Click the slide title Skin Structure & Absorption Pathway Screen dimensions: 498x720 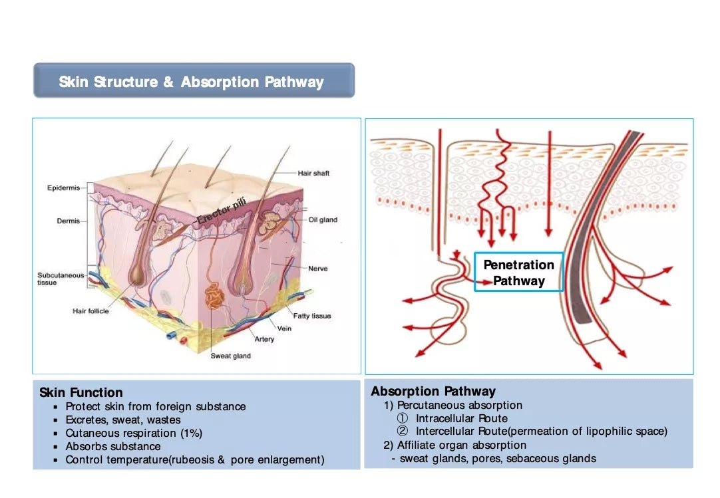pyautogui.click(x=192, y=82)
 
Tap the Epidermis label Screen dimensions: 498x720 pyautogui.click(x=63, y=188)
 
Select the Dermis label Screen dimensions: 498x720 pyautogui.click(x=68, y=221)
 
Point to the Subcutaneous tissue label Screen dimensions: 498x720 pyautogui.click(x=61, y=279)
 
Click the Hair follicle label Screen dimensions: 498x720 pyautogui.click(x=90, y=311)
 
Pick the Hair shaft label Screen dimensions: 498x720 pyautogui.click(x=313, y=174)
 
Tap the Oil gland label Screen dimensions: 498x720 pyautogui.click(x=323, y=220)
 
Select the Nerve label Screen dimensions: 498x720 pyautogui.click(x=317, y=269)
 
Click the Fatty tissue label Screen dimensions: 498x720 pyautogui.click(x=312, y=316)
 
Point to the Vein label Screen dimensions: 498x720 pyautogui.click(x=284, y=328)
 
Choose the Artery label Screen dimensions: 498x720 pyautogui.click(x=264, y=339)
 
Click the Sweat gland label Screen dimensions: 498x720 pyautogui.click(x=231, y=356)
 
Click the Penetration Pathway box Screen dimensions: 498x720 pyautogui.click(x=518, y=273)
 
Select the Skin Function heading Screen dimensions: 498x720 pyautogui.click(x=81, y=392)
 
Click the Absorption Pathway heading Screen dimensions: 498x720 pyautogui.click(x=433, y=391)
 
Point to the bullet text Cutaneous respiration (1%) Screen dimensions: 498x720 pyautogui.click(x=134, y=433)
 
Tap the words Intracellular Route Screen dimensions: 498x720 pyautogui.click(x=462, y=418)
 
